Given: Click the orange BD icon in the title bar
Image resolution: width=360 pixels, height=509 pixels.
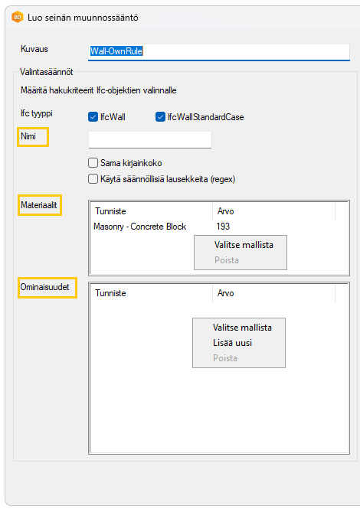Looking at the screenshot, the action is (x=17, y=17).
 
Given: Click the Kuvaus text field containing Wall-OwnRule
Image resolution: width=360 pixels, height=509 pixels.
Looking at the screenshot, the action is (x=218, y=51).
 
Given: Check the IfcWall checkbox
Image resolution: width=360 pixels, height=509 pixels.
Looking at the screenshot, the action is (x=93, y=117).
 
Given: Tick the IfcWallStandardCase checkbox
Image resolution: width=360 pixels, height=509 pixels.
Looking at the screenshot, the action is (x=160, y=117).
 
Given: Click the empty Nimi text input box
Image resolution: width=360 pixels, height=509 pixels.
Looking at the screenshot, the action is (x=150, y=139).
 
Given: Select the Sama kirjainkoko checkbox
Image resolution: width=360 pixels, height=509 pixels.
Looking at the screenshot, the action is (x=93, y=162).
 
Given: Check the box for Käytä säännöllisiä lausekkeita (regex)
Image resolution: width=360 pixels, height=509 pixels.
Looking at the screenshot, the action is (x=93, y=179).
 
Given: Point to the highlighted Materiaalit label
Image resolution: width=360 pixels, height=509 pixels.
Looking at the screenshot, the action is (x=38, y=205).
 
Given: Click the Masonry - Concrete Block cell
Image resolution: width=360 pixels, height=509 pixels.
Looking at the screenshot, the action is (x=139, y=227).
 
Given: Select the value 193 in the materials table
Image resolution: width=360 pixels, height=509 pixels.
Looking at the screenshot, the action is (x=223, y=227).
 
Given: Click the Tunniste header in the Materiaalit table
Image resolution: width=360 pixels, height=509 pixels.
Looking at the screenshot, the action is (x=110, y=211).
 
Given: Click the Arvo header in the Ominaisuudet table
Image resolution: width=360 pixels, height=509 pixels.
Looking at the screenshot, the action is (x=225, y=293).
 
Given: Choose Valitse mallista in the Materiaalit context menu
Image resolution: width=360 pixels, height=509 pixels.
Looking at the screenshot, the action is (x=244, y=245).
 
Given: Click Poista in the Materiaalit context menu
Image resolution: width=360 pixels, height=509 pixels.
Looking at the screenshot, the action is (x=227, y=260).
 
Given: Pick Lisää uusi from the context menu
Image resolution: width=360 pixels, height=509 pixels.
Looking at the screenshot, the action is (x=232, y=343).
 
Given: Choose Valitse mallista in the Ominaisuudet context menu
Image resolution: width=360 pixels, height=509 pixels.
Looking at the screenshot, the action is (x=242, y=328).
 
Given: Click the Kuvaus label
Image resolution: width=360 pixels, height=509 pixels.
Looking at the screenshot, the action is (x=34, y=49).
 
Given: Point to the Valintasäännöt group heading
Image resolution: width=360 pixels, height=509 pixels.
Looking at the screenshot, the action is (x=47, y=72).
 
